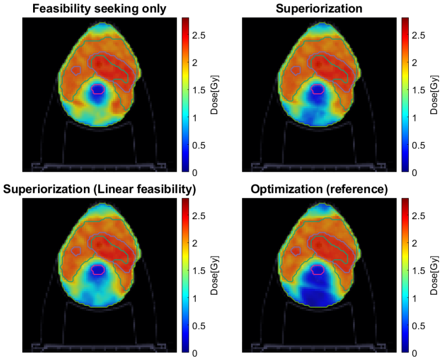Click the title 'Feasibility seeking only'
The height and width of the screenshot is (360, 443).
(99, 8)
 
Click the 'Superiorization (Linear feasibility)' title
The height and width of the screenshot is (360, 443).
(99, 189)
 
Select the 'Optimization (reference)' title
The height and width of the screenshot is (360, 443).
(319, 189)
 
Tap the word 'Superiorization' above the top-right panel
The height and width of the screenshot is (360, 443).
(319, 8)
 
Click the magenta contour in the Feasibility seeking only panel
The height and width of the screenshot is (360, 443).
(98, 85)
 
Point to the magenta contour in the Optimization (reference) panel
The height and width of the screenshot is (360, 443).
(318, 266)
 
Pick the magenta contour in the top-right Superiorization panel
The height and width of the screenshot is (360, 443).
(318, 85)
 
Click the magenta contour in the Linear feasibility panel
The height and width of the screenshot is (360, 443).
(98, 266)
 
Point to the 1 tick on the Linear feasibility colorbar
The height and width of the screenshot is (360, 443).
(195, 298)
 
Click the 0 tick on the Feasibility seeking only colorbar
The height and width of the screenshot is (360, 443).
(195, 172)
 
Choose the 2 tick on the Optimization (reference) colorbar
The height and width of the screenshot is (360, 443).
(414, 243)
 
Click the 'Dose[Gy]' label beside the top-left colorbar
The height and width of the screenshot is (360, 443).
(215, 95)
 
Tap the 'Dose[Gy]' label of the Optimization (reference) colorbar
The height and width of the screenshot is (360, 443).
(435, 276)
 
